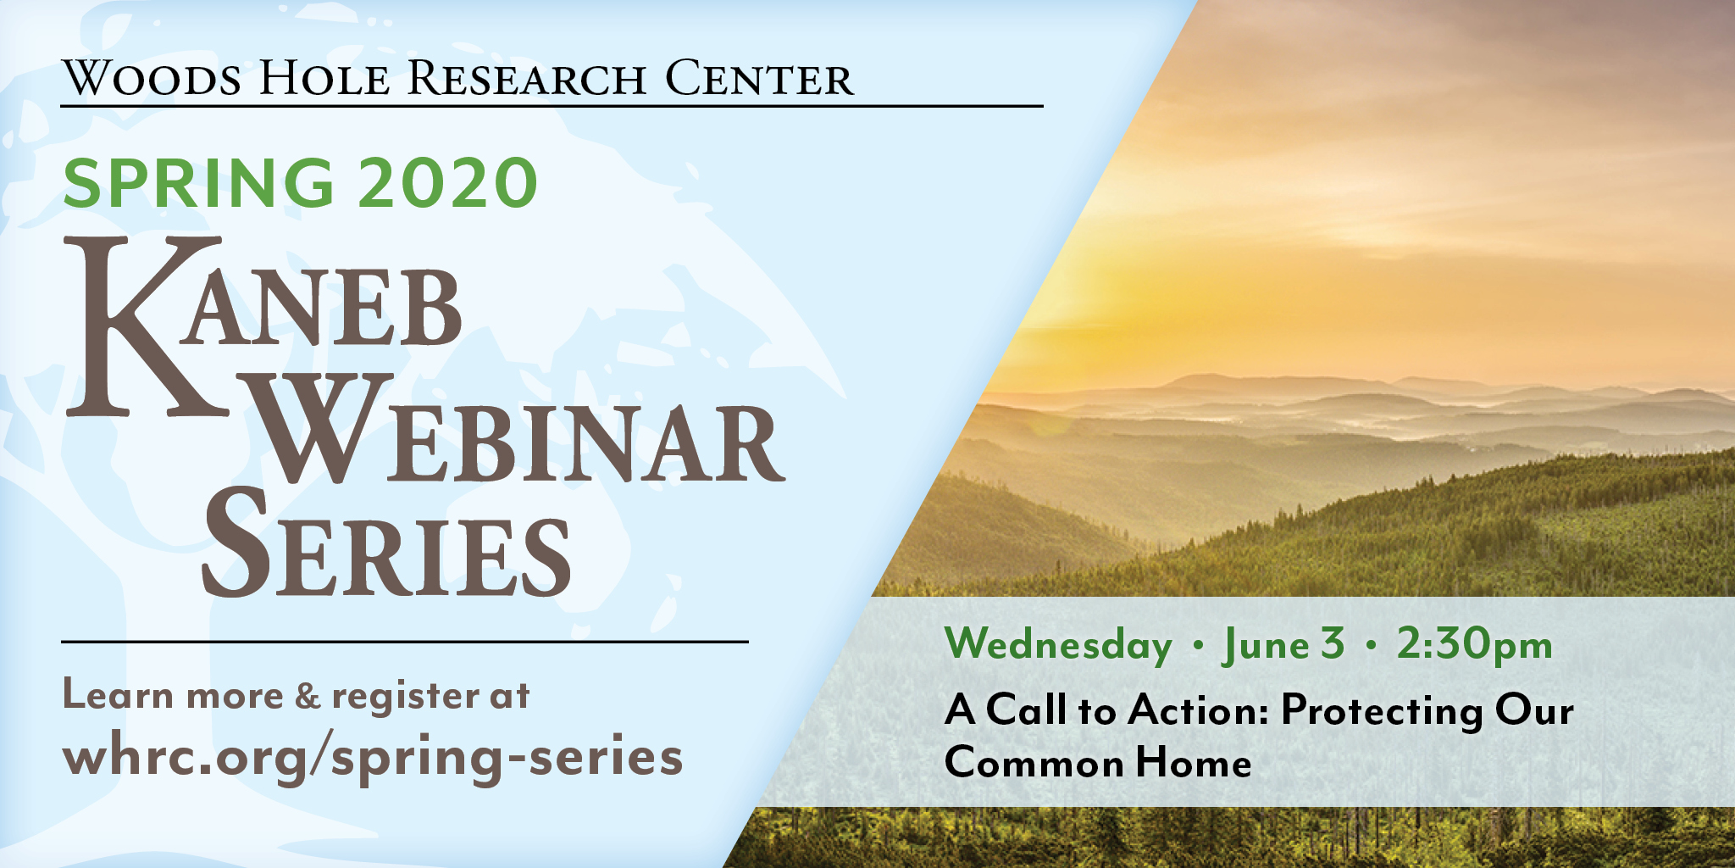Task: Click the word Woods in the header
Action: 152,78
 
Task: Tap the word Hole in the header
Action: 324,78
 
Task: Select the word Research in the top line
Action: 527,78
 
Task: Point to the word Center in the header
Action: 759,78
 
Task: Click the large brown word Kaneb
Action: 264,326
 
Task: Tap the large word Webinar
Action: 518,429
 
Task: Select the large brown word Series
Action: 386,542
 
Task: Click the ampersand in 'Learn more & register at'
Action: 308,696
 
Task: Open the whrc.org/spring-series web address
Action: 373,756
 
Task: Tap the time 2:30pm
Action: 1475,644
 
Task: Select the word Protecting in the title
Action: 1381,712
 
